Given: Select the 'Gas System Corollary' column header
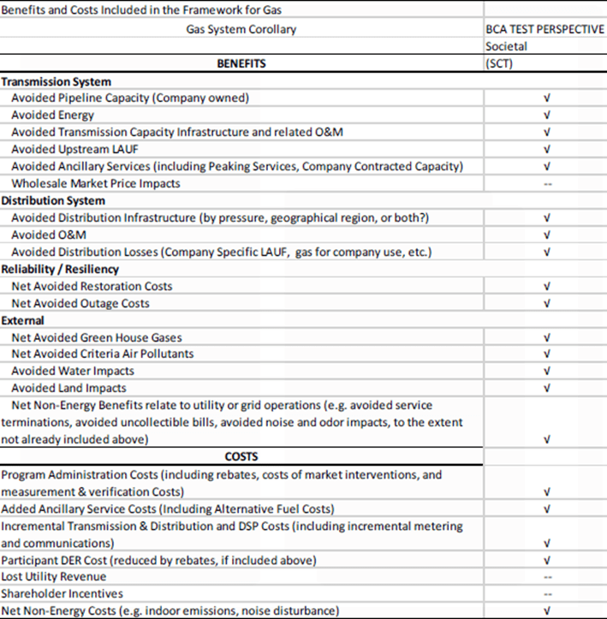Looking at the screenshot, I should point(241,29).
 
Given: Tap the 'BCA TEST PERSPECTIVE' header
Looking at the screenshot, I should point(545,29).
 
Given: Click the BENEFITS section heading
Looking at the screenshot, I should point(241,63).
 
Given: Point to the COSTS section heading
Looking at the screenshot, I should point(241,456).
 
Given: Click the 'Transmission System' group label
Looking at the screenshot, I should point(57,81).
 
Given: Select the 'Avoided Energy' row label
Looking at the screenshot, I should point(53,115).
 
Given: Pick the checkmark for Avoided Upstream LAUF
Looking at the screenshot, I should point(545,149).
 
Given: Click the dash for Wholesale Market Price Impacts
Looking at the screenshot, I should point(545,183).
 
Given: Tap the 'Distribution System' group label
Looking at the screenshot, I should point(54,200).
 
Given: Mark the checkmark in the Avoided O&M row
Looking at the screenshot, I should point(545,235).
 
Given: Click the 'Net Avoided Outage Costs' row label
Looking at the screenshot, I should point(80,303).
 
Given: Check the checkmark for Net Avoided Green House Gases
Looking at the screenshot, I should point(545,337).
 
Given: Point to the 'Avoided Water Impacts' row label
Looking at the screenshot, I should point(73,371).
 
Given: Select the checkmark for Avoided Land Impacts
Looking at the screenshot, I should point(545,388).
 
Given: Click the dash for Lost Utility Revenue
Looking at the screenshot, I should point(545,576).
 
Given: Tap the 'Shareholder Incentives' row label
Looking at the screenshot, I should point(62,593).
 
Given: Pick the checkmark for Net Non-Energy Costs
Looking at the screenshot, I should point(545,610).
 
